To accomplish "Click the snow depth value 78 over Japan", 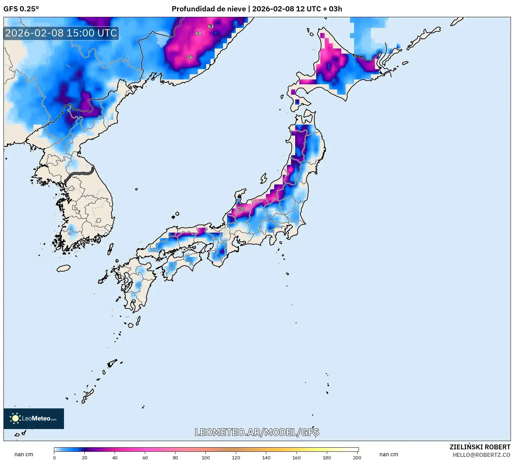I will (241, 209).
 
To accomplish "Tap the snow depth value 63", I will (211, 26).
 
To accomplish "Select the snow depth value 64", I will (198, 33).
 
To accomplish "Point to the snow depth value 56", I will (190, 57).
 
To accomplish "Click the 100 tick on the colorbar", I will (206, 458).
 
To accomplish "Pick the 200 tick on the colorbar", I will (357, 458).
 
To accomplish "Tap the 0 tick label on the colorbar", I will (54, 458).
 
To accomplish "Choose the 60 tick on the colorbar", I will (145, 458).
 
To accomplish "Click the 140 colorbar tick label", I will (266, 458).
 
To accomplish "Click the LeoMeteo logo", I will (34, 419).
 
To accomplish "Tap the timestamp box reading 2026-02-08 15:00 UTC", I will (61, 33).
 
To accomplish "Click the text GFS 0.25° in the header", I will (21, 9).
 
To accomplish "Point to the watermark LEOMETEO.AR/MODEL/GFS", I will (257, 432).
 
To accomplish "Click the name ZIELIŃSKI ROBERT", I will (480, 447).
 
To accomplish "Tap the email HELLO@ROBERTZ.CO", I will (481, 455).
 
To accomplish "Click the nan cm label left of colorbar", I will (24, 454).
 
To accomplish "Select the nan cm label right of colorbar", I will (389, 454).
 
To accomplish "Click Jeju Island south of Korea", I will (64, 268).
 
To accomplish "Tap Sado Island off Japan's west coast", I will (264, 178).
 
